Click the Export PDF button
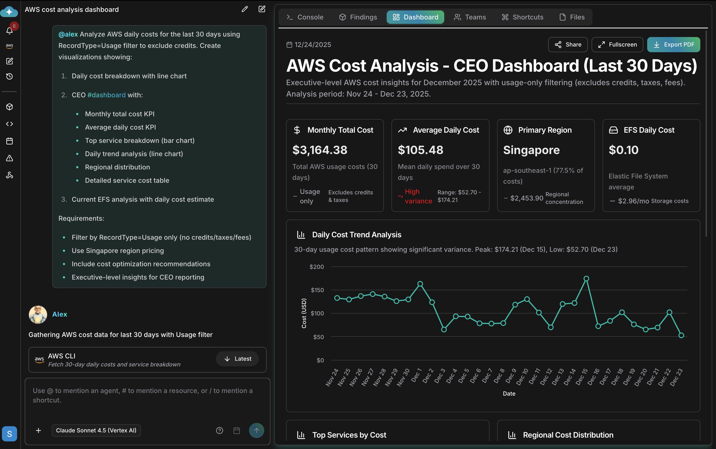point(673,45)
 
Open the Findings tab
point(358,17)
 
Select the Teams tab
point(470,17)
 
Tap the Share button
point(568,45)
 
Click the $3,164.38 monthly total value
point(320,150)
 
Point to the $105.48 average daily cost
point(420,150)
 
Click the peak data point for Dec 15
point(586,279)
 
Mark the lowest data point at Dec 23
point(681,335)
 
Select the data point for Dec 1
point(420,284)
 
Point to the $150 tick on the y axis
point(317,290)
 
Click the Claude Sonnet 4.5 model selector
point(96,430)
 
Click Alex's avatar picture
point(38,314)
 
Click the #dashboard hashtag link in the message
point(106,95)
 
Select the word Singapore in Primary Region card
point(531,150)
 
